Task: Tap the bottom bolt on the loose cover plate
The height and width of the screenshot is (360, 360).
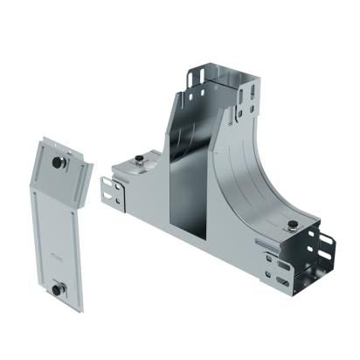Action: [58, 288]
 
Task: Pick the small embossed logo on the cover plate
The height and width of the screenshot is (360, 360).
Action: [56, 257]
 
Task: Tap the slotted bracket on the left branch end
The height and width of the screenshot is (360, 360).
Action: [109, 194]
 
